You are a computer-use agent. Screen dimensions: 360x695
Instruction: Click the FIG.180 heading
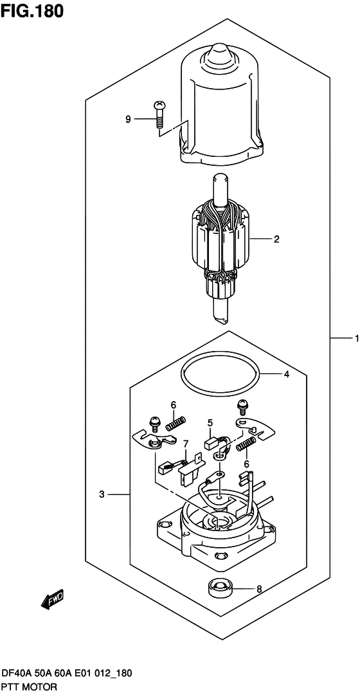pyautogui.click(x=32, y=11)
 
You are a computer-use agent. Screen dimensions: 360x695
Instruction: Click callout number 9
pyautogui.click(x=128, y=119)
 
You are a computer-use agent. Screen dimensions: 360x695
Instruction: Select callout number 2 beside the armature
pyautogui.click(x=276, y=240)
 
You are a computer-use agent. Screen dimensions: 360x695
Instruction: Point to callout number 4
pyautogui.click(x=287, y=375)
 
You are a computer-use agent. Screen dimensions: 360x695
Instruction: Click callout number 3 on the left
pyautogui.click(x=102, y=495)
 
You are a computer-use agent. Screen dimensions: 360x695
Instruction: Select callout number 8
pyautogui.click(x=259, y=589)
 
